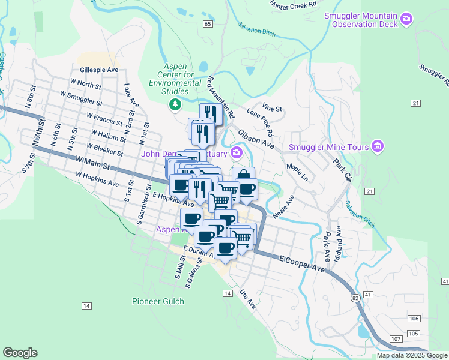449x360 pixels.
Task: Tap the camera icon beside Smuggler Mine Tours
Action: [378, 146]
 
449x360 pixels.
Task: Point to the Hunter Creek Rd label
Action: [294, 4]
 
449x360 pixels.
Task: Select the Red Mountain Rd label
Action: [220, 97]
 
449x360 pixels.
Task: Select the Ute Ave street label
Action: [247, 298]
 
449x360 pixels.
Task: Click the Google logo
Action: [20, 353]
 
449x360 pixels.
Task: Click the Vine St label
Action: [272, 109]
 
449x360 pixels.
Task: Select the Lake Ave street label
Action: [131, 96]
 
